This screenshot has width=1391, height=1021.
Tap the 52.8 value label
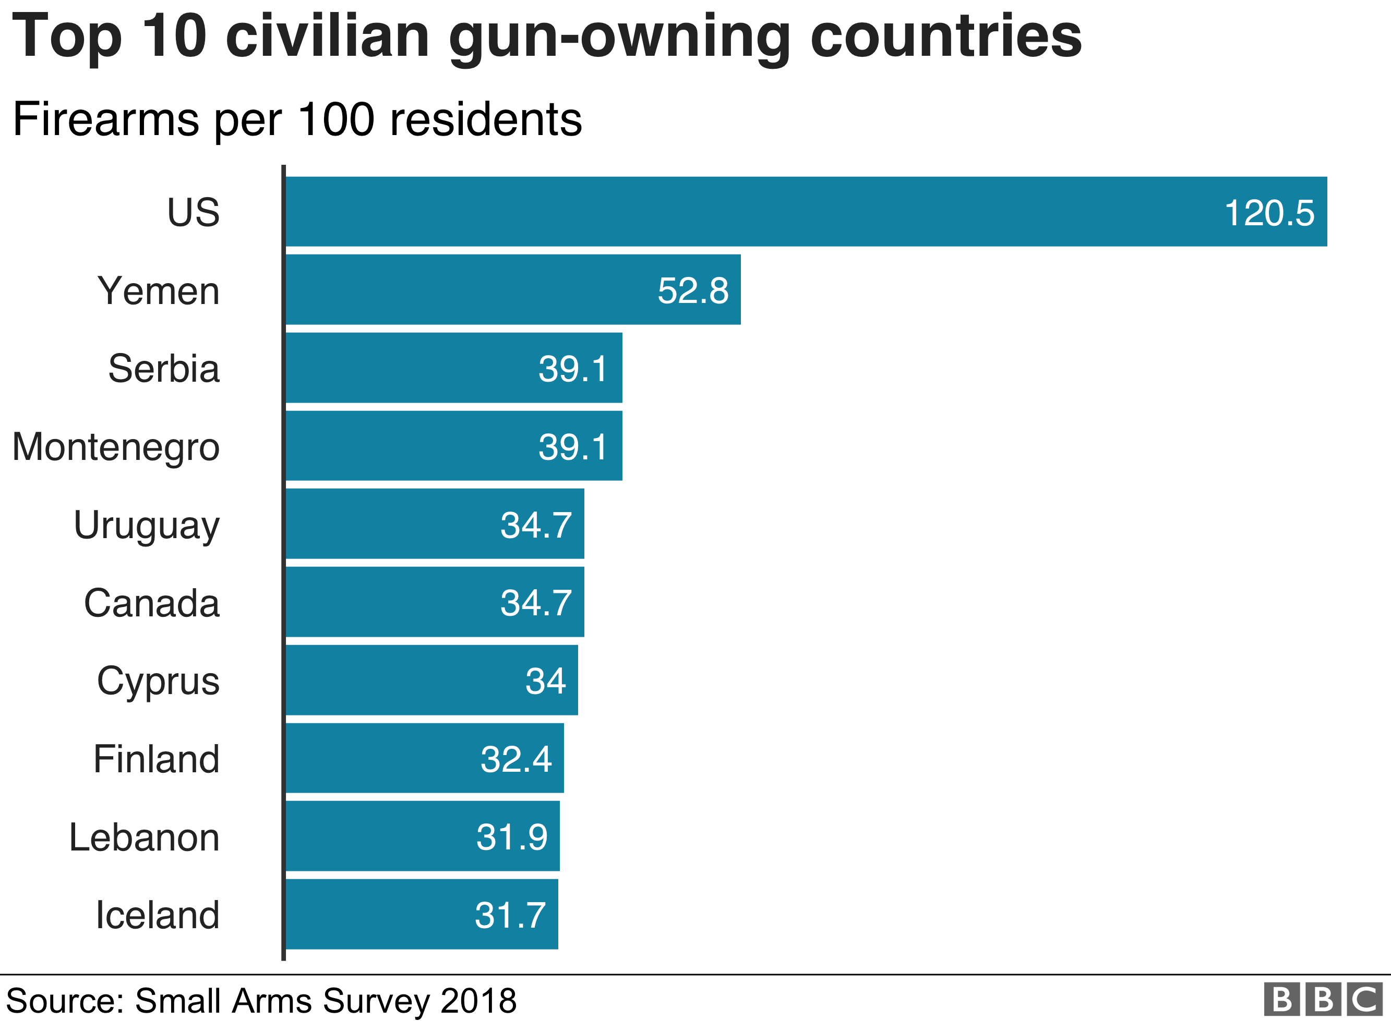pos(692,290)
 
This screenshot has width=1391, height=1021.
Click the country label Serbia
pos(164,369)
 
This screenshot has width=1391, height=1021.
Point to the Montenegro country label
pos(116,447)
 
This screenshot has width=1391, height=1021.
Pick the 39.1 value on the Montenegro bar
pos(572,447)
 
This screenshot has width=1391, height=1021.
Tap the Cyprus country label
pos(158,681)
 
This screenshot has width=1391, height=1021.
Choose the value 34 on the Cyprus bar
pos(545,681)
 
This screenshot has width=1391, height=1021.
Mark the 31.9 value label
pos(511,837)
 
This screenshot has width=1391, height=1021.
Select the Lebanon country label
pos(144,837)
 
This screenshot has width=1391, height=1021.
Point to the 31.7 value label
pos(510,915)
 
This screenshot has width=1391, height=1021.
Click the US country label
pos(193,213)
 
